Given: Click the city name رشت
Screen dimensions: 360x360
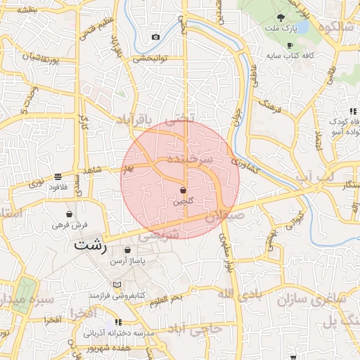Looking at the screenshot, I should (x=91, y=246).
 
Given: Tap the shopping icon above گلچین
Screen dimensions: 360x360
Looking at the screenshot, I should (x=183, y=190).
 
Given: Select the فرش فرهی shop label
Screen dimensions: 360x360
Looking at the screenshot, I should (x=69, y=225).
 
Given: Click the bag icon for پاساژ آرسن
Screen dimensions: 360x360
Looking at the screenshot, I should (x=127, y=250).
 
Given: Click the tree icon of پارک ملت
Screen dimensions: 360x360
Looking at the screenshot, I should (x=281, y=18).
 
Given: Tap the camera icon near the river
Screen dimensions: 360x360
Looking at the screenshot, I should (x=155, y=37).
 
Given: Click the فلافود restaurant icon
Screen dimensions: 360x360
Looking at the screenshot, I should (x=57, y=176).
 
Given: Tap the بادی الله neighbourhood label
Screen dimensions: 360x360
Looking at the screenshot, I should (x=244, y=292).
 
